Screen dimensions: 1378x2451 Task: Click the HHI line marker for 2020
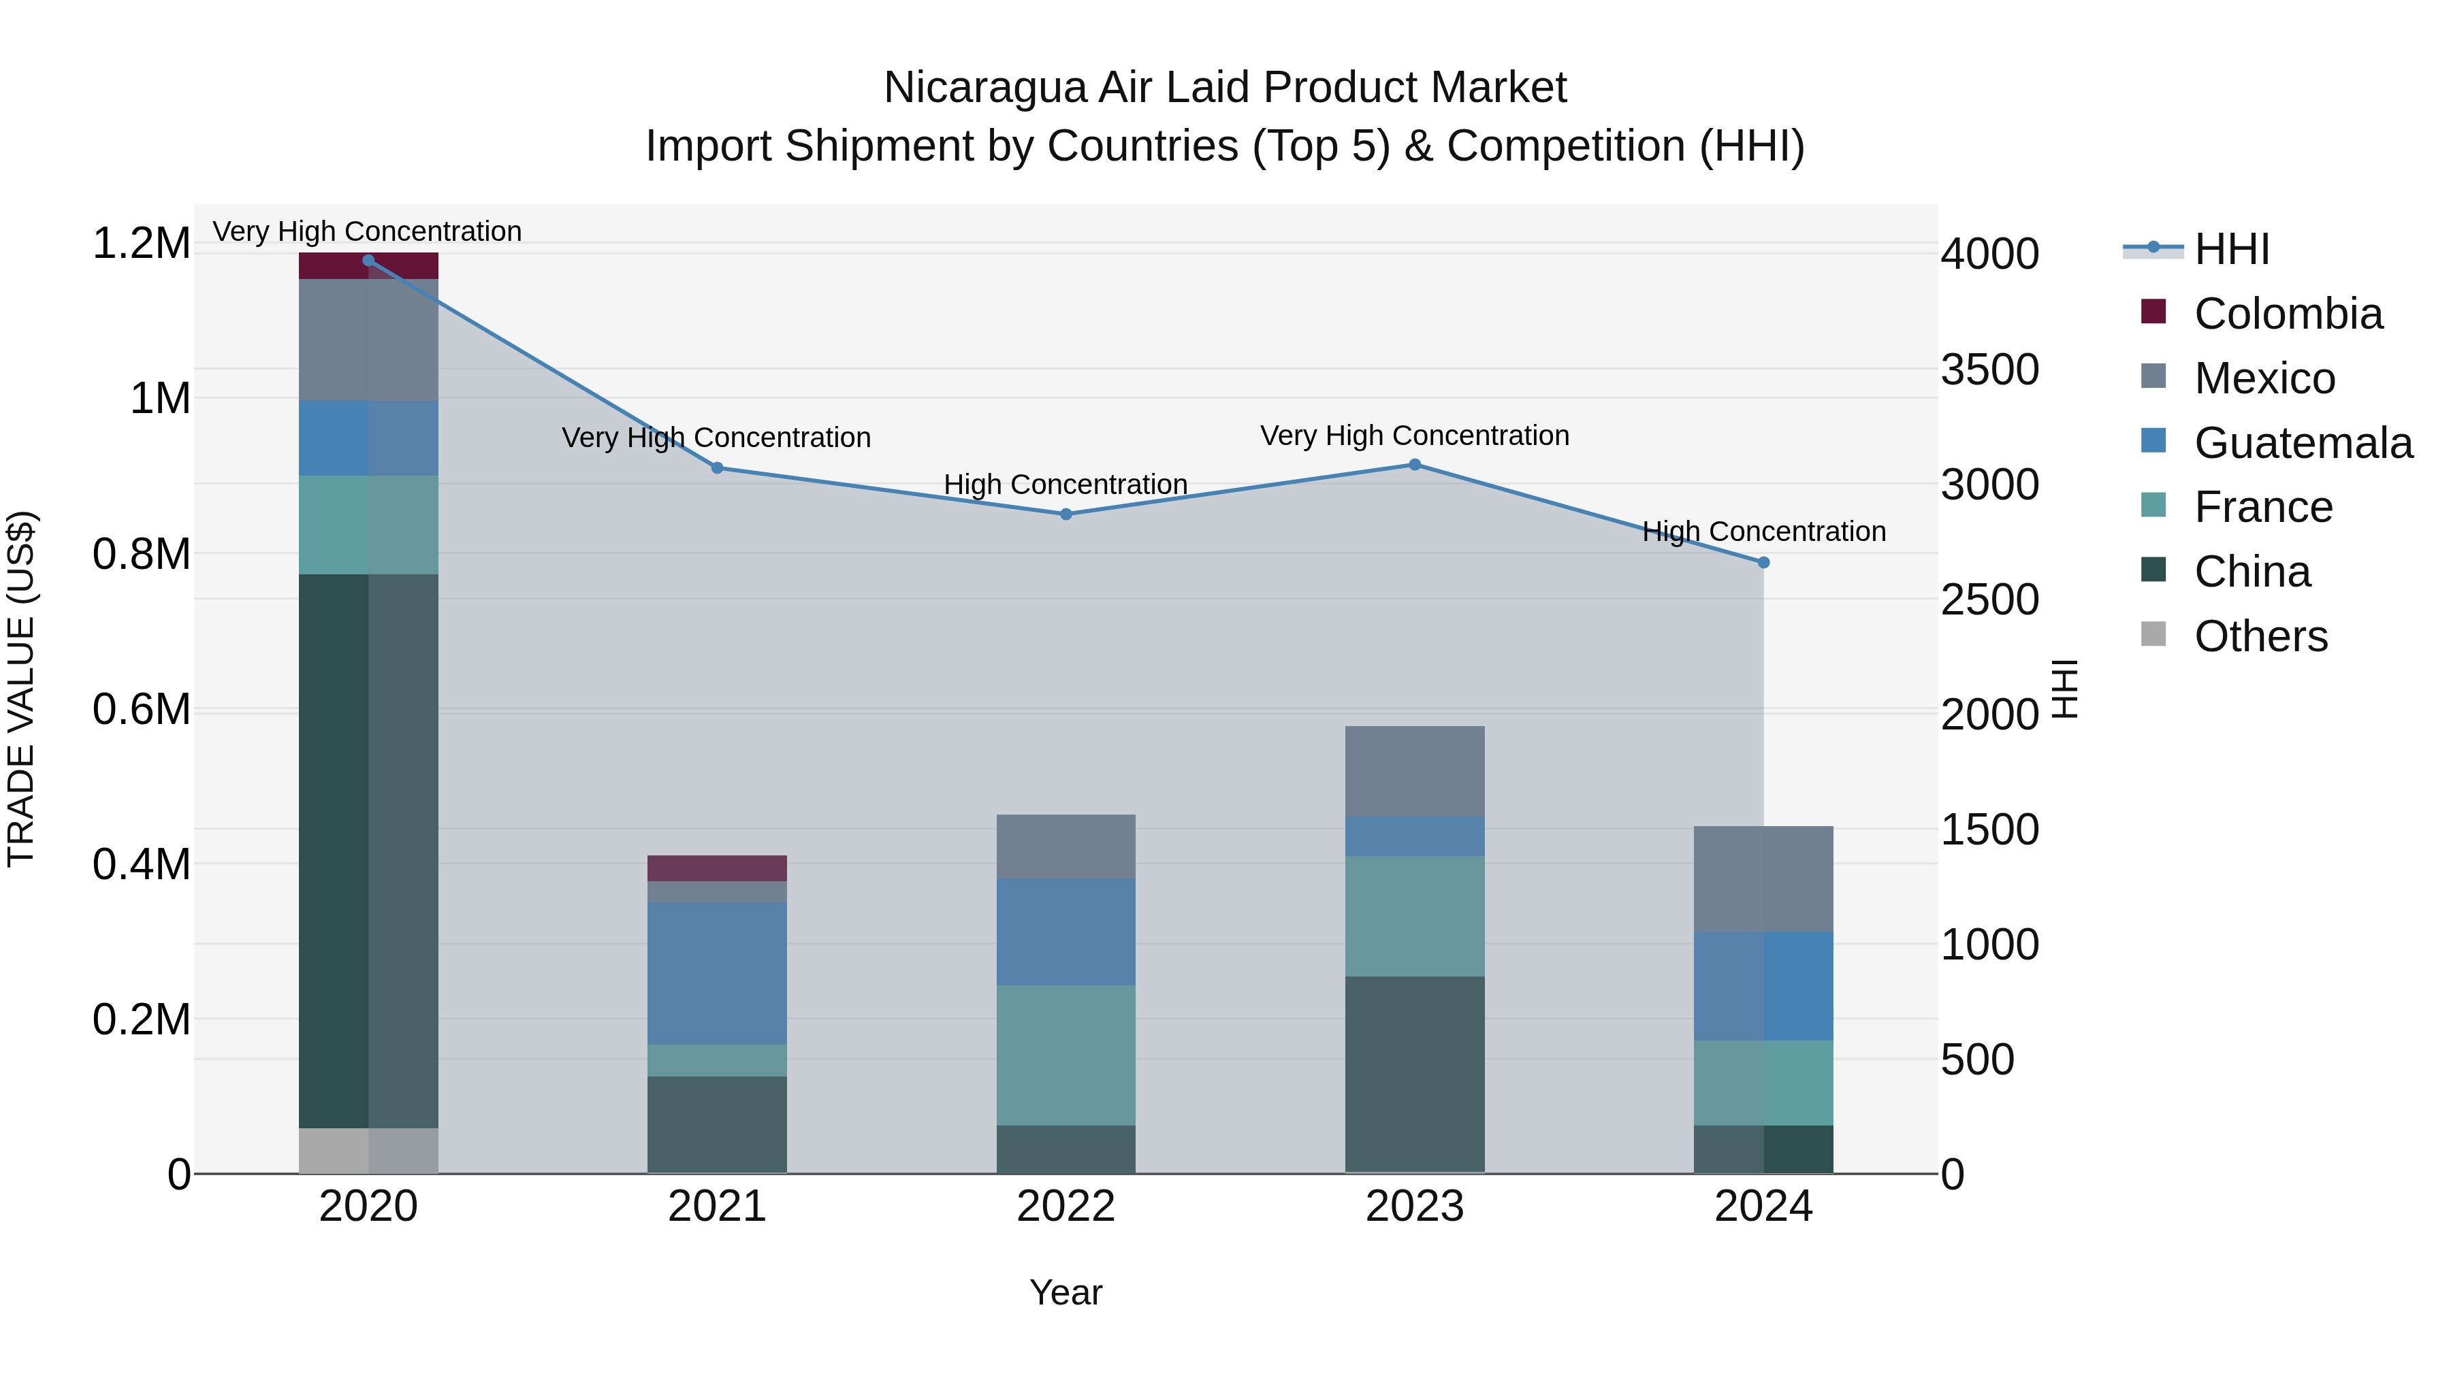[368, 261]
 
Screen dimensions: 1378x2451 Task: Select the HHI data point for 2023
[1414, 465]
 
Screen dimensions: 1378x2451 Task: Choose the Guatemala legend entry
[2302, 443]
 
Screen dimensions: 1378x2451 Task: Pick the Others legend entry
[2260, 636]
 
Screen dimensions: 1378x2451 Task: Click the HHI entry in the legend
[2231, 249]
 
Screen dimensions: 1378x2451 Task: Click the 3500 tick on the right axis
[1989, 370]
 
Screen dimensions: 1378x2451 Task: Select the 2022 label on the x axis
[1066, 1207]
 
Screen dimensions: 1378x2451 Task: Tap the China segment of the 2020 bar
[368, 851]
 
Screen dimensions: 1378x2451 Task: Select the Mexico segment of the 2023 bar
[1414, 771]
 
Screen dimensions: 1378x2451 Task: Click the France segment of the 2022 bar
[1066, 1055]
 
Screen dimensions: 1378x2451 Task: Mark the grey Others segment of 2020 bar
[368, 1151]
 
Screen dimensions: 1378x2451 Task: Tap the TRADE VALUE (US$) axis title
[21, 689]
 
